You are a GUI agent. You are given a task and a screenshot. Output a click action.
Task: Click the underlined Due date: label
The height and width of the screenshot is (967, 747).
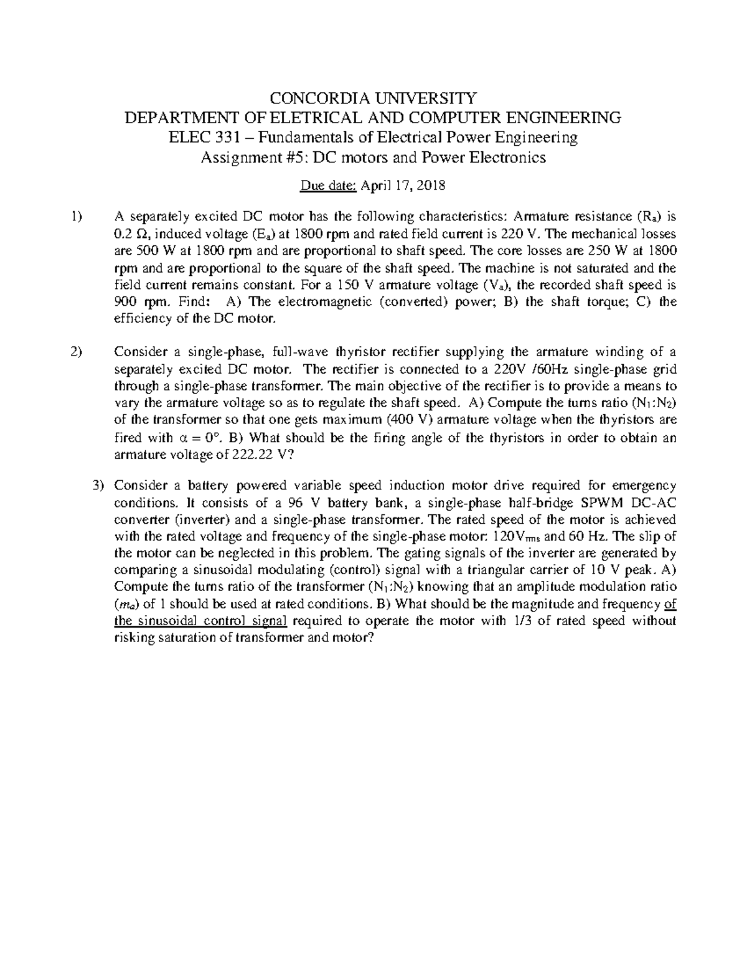326,186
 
